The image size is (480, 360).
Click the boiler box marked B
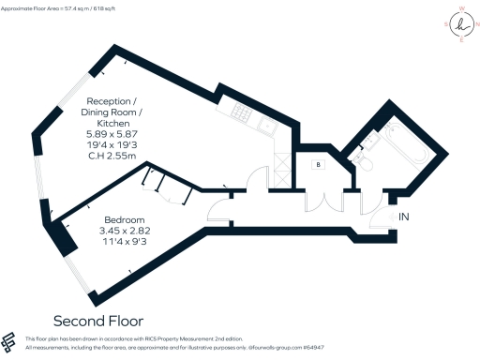click(320, 163)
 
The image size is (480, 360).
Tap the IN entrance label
click(404, 217)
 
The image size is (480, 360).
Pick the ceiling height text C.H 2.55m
click(113, 157)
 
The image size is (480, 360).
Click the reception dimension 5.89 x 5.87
click(113, 134)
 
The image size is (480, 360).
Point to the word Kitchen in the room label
click(113, 123)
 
